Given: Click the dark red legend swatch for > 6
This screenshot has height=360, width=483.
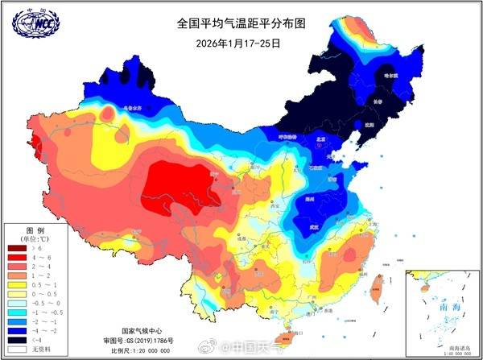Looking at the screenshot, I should pyautogui.click(x=17, y=250).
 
